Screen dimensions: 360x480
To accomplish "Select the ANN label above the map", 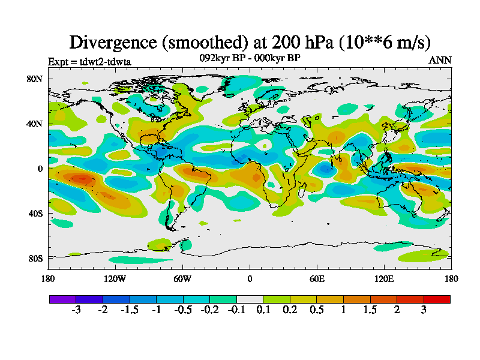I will coord(440,61).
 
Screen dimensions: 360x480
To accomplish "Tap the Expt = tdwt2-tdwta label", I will coord(89,61).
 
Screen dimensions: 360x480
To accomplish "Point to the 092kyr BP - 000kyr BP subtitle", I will coord(250,58).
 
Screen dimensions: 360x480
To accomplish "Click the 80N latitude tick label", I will coord(35,79).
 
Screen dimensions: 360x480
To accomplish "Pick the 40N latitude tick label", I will coord(35,124).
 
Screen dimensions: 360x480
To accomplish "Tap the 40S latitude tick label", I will coord(35,213).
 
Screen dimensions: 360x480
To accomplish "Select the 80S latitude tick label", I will coord(35,258).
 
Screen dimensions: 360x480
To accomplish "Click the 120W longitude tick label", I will coord(115,278).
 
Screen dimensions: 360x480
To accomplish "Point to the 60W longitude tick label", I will coord(182,278).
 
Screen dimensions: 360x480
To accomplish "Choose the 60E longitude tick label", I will coord(317,278).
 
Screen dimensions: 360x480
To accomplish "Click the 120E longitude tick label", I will coord(384,278).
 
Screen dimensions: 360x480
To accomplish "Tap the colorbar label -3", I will coord(76,310).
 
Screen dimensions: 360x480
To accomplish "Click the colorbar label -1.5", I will coord(130,310).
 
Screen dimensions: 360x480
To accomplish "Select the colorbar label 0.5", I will coord(317,310).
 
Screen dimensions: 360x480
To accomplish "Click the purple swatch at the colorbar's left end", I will coord(62,299).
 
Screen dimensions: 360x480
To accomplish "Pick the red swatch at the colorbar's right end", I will coord(437,299).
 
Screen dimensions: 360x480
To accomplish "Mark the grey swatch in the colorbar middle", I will coord(250,299).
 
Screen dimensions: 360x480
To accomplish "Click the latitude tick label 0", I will coord(40,169).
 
